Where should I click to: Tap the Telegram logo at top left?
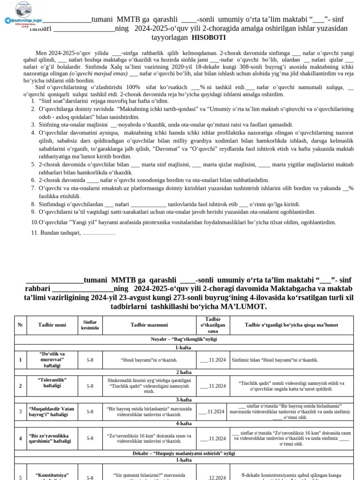click(x=7, y=21)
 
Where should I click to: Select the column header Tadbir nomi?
click(x=52, y=325)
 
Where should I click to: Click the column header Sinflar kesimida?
click(x=90, y=325)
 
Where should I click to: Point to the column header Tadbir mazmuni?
click(x=149, y=325)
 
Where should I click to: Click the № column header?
click(x=20, y=325)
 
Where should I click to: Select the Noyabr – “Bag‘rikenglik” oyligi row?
click(x=184, y=339)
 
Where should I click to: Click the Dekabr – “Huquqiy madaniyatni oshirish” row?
click(x=184, y=453)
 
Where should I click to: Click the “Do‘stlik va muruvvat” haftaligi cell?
click(x=52, y=360)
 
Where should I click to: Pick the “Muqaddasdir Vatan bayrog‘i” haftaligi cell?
click(x=52, y=412)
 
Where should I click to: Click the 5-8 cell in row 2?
click(x=90, y=386)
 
